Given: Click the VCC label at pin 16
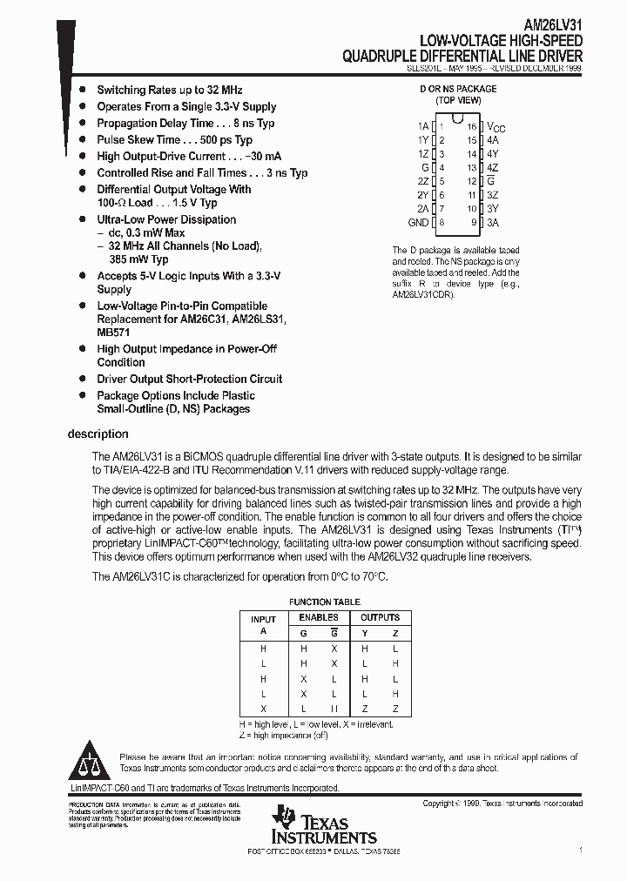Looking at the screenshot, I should pos(496,127).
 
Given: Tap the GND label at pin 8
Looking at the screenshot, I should pos(419,222).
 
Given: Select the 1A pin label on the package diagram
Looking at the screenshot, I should pos(424,126).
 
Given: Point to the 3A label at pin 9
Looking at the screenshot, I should pos(493,222).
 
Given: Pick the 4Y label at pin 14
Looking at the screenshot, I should pos(493,153).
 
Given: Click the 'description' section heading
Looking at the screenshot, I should pos(98,434).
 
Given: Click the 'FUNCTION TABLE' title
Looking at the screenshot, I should pos(324,602).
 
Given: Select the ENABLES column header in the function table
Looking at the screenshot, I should pos(319,617).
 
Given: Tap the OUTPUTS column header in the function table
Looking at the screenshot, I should pos(380,617).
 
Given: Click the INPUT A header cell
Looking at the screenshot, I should pos(263,624).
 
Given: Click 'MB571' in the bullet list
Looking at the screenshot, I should pos(114,332).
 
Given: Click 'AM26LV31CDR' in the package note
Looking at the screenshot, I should pos(421,294).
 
